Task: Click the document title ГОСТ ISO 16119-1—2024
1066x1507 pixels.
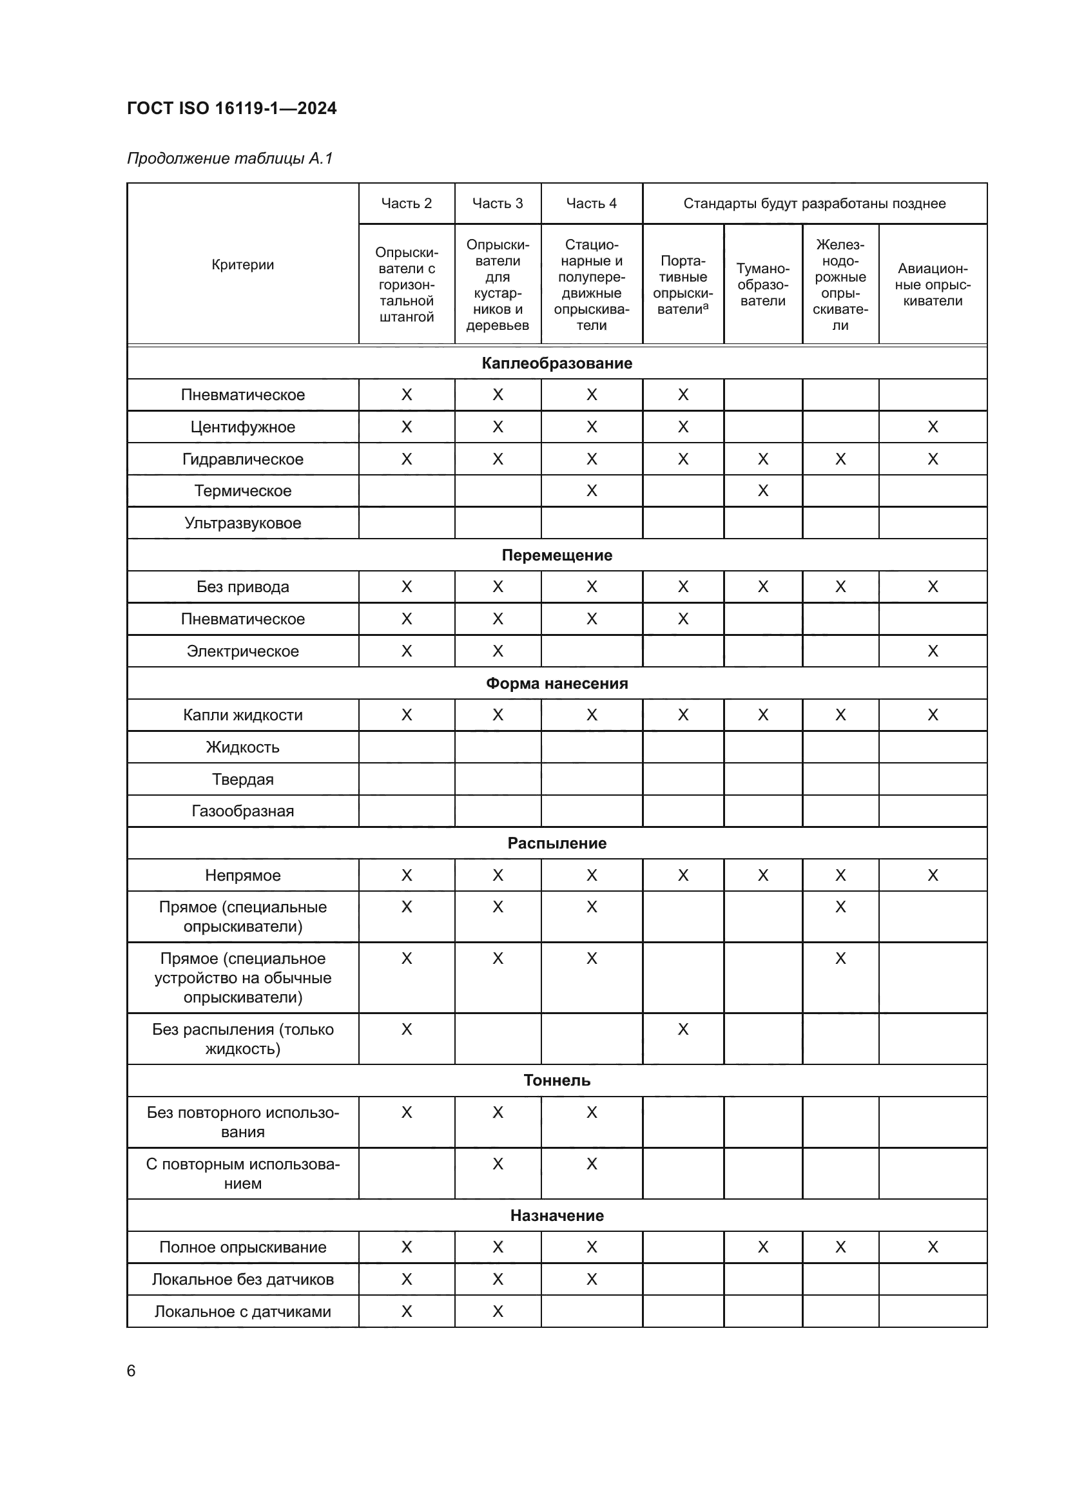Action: (231, 108)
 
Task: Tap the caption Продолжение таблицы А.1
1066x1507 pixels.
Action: (229, 158)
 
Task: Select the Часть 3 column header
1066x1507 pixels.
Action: (498, 204)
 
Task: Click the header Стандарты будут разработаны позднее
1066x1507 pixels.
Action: (814, 204)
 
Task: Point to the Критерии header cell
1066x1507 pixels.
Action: (243, 265)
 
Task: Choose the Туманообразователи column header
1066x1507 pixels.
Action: (762, 285)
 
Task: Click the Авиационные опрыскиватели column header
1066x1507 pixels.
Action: (932, 285)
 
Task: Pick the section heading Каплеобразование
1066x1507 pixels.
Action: (557, 363)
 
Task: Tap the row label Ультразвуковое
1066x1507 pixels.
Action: (243, 523)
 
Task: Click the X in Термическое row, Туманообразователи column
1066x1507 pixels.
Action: (762, 491)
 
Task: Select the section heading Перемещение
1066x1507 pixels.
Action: (557, 555)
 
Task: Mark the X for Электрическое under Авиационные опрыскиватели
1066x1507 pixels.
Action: (932, 651)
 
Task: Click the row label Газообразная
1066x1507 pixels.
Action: (243, 811)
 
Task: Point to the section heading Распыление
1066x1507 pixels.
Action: (557, 843)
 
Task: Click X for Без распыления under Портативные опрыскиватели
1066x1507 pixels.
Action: (683, 1029)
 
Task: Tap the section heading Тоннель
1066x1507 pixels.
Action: (557, 1080)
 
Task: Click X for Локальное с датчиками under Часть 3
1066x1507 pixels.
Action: (498, 1311)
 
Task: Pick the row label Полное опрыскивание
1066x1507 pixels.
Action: (243, 1247)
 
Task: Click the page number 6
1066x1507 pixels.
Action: (131, 1370)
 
